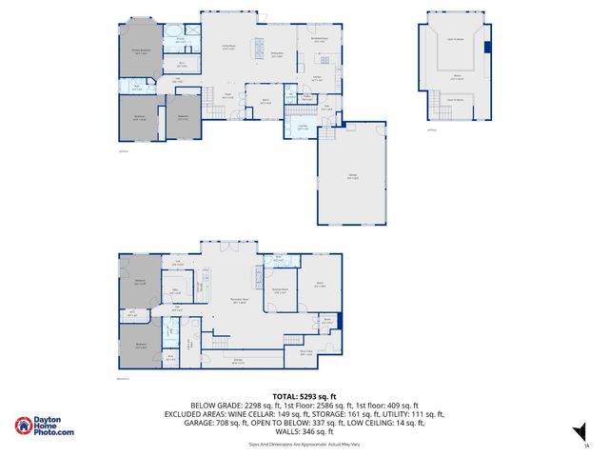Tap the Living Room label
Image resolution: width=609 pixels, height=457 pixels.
tap(228, 46)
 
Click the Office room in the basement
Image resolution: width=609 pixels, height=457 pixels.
tap(176, 291)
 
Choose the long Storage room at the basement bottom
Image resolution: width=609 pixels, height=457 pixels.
tap(238, 361)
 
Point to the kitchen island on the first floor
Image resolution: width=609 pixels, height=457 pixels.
tap(257, 49)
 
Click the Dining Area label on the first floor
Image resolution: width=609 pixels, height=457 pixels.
tap(278, 55)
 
